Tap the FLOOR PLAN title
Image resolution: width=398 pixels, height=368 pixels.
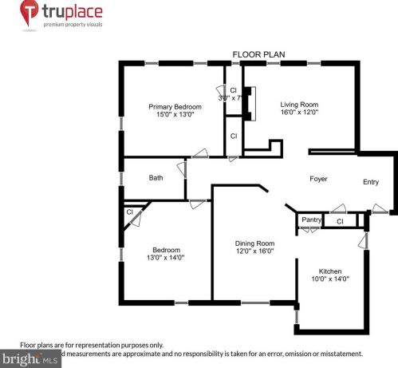coord(258,55)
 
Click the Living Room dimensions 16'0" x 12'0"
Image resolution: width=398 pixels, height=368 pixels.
coord(298,113)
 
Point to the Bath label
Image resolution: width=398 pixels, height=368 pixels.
coord(156,178)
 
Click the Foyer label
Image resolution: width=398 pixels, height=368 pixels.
coord(318,179)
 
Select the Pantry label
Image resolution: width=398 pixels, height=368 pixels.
coord(310,220)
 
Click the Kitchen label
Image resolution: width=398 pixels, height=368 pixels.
coord(330,271)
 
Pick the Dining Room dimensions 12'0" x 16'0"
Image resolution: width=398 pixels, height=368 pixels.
coord(254,251)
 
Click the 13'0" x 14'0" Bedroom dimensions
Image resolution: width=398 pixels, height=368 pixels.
coord(165,258)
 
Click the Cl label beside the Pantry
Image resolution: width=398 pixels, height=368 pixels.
coord(339,221)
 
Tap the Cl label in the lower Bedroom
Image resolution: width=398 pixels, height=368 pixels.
coord(128,212)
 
